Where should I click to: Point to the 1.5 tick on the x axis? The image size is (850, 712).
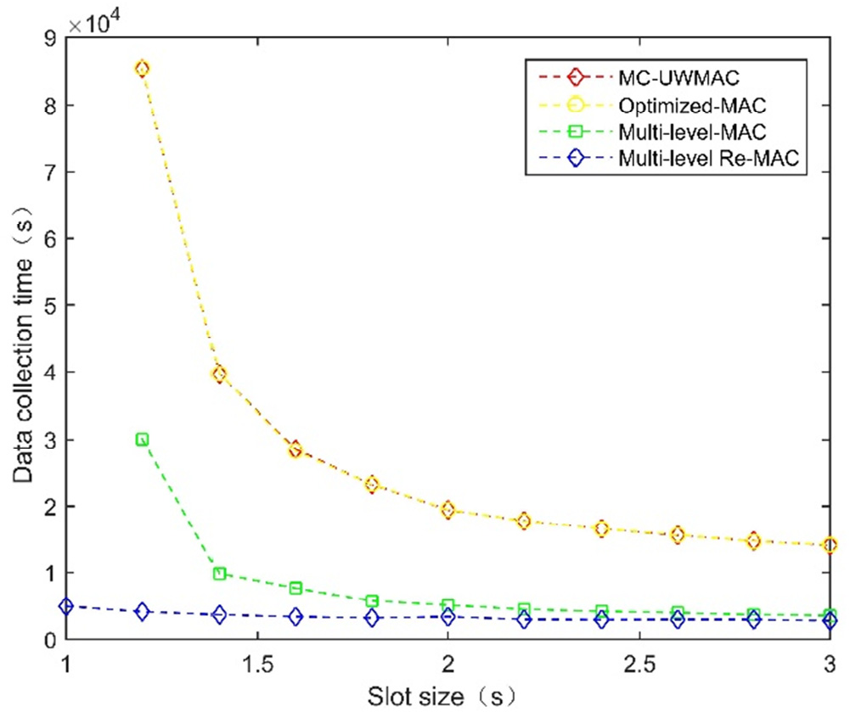(256, 660)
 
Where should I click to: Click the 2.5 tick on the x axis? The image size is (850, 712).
(639, 660)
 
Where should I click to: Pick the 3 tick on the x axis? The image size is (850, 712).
(830, 660)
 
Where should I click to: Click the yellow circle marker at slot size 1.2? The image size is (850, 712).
(142, 69)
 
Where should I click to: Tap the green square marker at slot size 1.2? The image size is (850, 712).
(142, 439)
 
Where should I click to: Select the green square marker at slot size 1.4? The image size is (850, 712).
(219, 574)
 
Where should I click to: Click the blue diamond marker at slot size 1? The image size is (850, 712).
(65, 606)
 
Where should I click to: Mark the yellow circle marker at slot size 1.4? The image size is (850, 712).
(219, 373)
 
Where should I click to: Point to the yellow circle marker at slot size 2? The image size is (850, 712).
(448, 509)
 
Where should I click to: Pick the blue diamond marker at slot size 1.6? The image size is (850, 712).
(296, 617)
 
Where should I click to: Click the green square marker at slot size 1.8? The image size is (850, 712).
(372, 601)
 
